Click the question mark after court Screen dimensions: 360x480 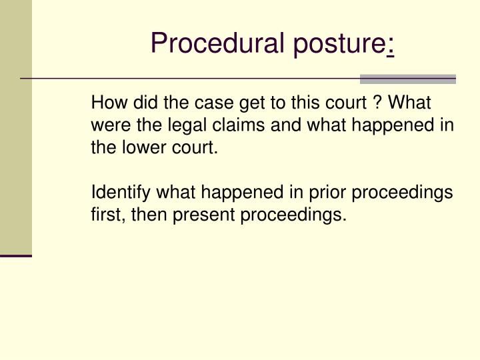377,104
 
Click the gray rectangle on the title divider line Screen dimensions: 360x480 407,79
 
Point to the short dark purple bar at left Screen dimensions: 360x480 16,255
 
